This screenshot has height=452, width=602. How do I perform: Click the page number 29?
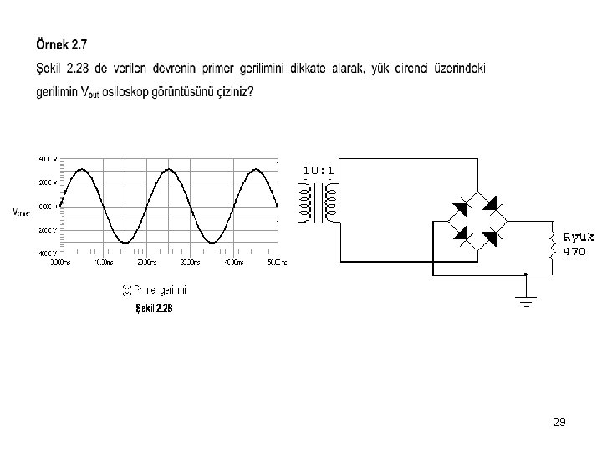pyautogui.click(x=559, y=422)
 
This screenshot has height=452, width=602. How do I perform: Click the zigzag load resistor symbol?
pyautogui.click(x=554, y=242)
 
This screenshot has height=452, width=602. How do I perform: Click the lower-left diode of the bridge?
pyautogui.click(x=460, y=237)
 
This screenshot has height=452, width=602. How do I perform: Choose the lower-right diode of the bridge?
pyautogui.click(x=490, y=238)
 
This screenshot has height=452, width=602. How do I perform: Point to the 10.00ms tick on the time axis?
pyautogui.click(x=101, y=262)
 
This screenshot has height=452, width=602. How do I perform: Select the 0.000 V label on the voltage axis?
pyautogui.click(x=47, y=205)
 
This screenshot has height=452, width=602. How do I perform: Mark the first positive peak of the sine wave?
pyautogui.click(x=81, y=169)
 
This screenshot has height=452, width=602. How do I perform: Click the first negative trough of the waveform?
pyautogui.click(x=125, y=243)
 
